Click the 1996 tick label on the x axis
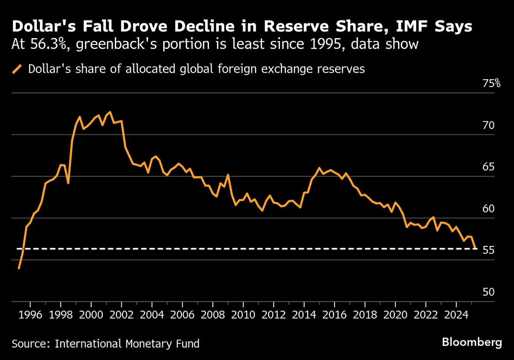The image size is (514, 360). [x=30, y=316]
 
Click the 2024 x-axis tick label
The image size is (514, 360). [x=456, y=316]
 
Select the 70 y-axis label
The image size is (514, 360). [x=489, y=126]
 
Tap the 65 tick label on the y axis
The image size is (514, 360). [x=489, y=167]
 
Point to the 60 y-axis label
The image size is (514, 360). [x=489, y=209]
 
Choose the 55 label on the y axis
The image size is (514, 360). [x=489, y=250]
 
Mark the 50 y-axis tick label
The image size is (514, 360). [x=489, y=292]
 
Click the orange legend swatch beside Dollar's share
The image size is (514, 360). [x=18, y=69]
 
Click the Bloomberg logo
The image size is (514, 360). [x=472, y=342]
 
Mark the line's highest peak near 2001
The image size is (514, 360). [x=110, y=112]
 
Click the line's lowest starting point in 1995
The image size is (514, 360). [x=19, y=268]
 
